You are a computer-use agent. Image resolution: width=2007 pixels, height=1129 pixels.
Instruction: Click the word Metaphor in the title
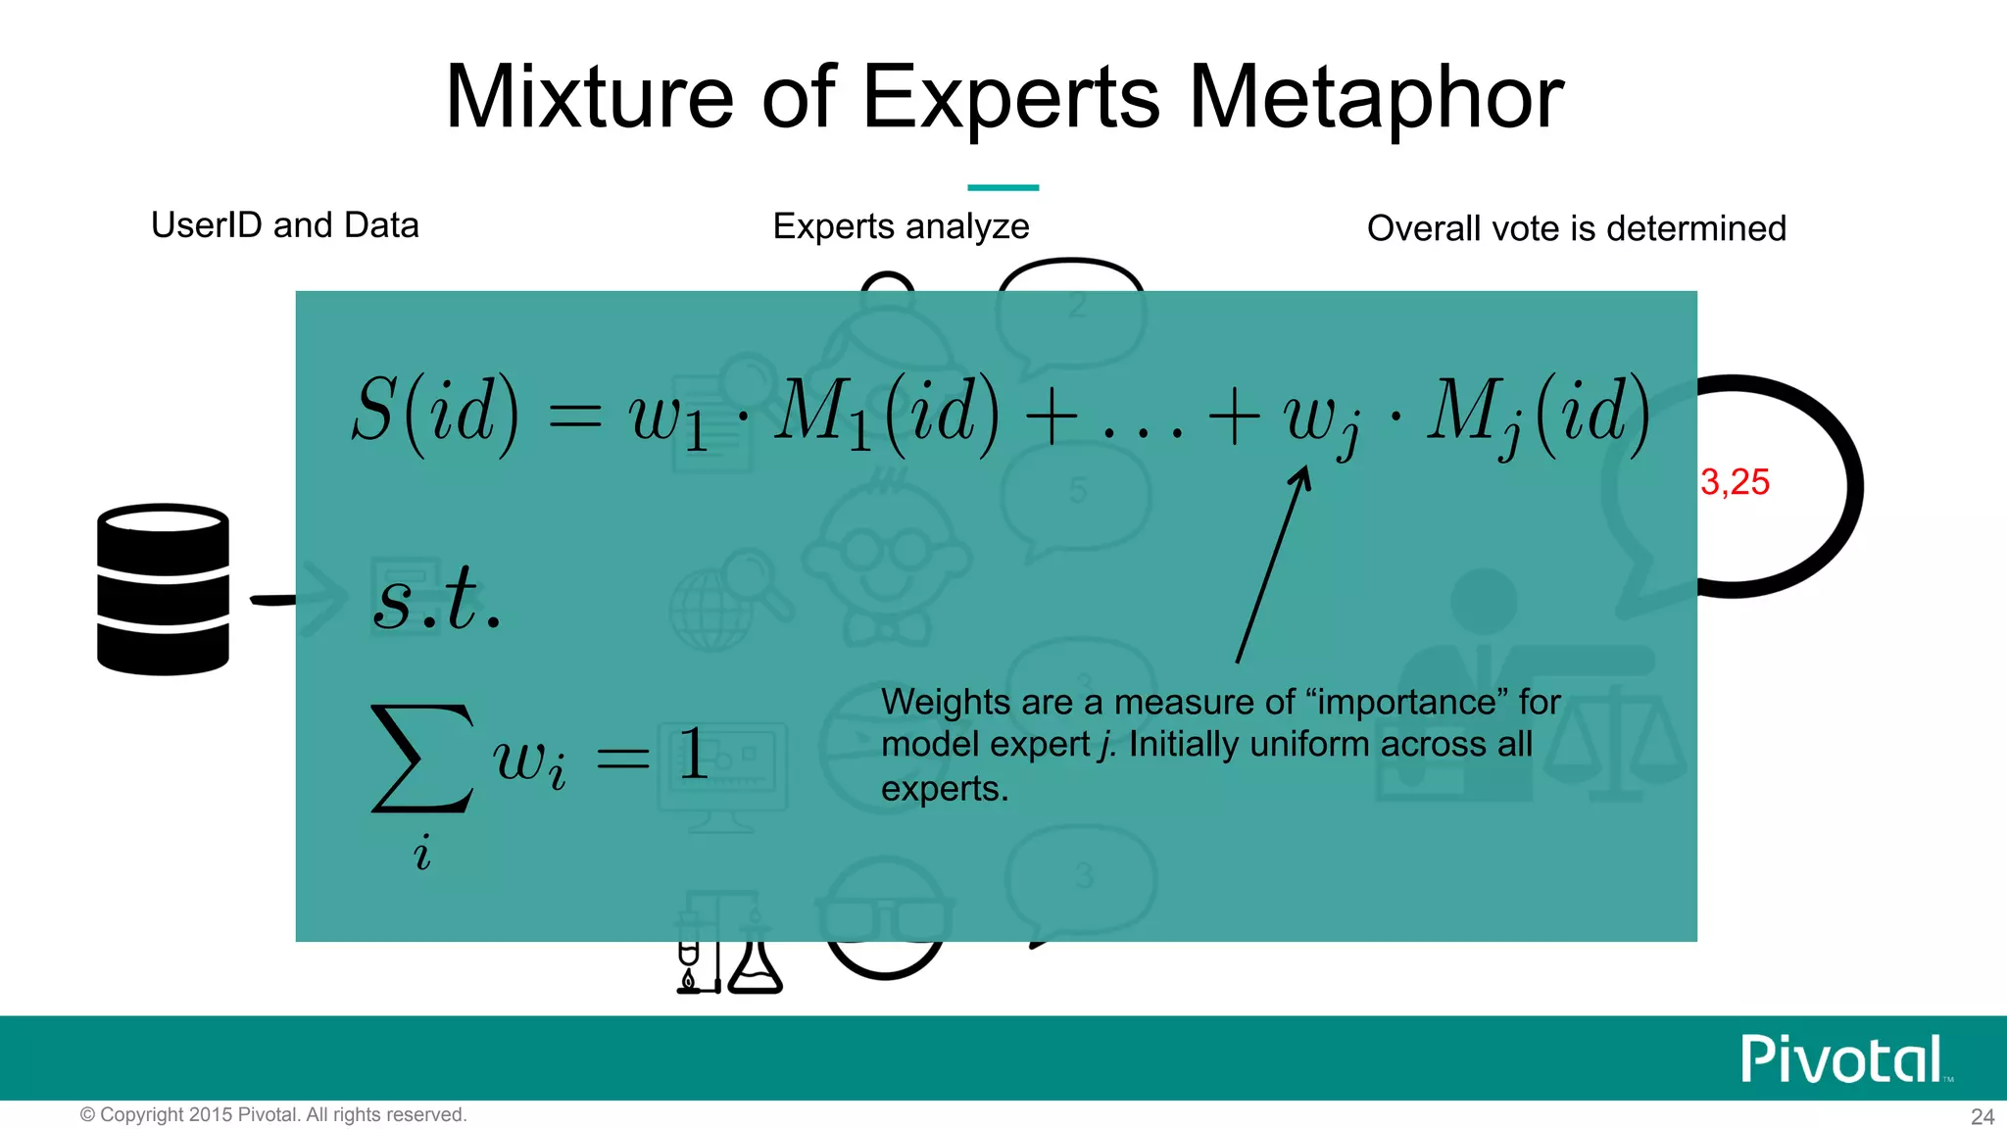pyautogui.click(x=1376, y=97)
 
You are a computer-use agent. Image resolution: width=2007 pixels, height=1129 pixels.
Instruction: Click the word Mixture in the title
pyautogui.click(x=589, y=97)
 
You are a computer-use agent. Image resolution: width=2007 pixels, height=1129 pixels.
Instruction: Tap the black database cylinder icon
pyautogui.click(x=163, y=589)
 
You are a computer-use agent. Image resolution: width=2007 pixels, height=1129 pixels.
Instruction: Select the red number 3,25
pyautogui.click(x=1735, y=482)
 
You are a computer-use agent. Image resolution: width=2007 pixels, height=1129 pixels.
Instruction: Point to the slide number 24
pyautogui.click(x=1983, y=1116)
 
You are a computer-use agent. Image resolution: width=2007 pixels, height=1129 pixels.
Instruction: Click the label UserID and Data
pyautogui.click(x=285, y=225)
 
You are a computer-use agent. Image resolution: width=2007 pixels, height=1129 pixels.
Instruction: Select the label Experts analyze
pyautogui.click(x=901, y=226)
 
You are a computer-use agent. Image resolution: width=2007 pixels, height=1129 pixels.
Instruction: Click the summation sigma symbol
pyautogui.click(x=422, y=759)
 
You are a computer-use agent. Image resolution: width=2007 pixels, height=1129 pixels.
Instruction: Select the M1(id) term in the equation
pyautogui.click(x=887, y=412)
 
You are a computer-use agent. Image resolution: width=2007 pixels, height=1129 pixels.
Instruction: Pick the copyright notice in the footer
pyautogui.click(x=273, y=1114)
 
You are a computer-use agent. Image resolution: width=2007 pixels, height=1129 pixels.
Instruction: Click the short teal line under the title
pyautogui.click(x=1003, y=187)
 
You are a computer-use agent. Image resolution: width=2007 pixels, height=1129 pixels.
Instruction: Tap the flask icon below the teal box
pyautogui.click(x=756, y=965)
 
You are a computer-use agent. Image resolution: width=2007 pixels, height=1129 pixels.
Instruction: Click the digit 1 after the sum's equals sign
pyautogui.click(x=694, y=755)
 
